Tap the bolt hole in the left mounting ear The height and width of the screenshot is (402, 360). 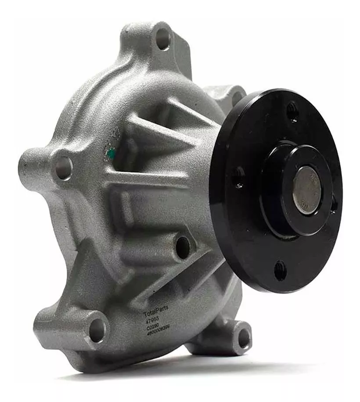63,168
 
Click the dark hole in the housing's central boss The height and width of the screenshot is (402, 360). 183,246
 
